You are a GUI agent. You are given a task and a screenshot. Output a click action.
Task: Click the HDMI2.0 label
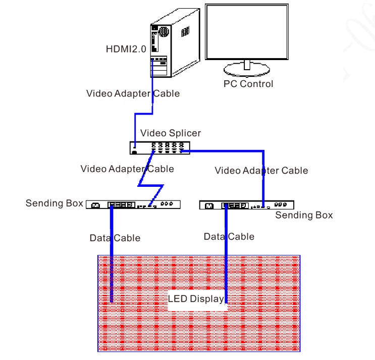pyautogui.click(x=126, y=49)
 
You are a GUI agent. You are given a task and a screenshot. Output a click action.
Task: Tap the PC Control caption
pyautogui.click(x=248, y=84)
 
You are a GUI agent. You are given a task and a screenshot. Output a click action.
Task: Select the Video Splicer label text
pyautogui.click(x=171, y=133)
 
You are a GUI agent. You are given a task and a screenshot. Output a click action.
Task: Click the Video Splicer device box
pyautogui.click(x=160, y=148)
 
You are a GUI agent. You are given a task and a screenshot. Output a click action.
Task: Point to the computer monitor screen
pyautogui.click(x=247, y=32)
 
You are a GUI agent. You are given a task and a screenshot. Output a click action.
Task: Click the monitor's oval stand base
pyautogui.click(x=247, y=70)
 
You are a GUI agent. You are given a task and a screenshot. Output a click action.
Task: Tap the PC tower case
pyautogui.click(x=175, y=43)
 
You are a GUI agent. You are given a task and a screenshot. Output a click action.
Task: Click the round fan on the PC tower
pyautogui.click(x=164, y=32)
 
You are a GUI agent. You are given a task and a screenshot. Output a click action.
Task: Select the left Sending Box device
pyautogui.click(x=133, y=205)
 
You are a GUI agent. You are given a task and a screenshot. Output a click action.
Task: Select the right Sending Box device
pyautogui.click(x=247, y=205)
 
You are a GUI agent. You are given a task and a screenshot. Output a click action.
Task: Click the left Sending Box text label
pyautogui.click(x=55, y=203)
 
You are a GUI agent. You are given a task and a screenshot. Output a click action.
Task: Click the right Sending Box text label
pyautogui.click(x=304, y=215)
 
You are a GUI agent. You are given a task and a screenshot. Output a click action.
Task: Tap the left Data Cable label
pyautogui.click(x=115, y=238)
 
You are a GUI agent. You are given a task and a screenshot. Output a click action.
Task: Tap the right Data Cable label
pyautogui.click(x=229, y=237)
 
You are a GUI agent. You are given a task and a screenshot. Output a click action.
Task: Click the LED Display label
pyautogui.click(x=196, y=299)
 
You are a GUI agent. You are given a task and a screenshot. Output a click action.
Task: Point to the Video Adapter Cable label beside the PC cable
pyautogui.click(x=133, y=93)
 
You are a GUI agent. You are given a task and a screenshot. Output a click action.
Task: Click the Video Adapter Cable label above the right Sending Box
pyautogui.click(x=261, y=171)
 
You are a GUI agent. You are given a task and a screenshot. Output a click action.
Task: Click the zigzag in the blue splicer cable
pyautogui.click(x=151, y=185)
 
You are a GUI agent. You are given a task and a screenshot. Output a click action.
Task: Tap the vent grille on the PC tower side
pyautogui.click(x=185, y=31)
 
